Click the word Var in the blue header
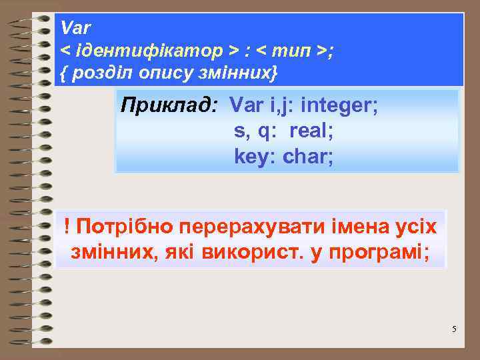coord(75,29)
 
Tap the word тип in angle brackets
coord(293,51)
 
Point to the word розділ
coord(101,73)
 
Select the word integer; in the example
coord(340,105)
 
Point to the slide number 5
coord(454,329)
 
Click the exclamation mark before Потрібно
coord(69,227)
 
